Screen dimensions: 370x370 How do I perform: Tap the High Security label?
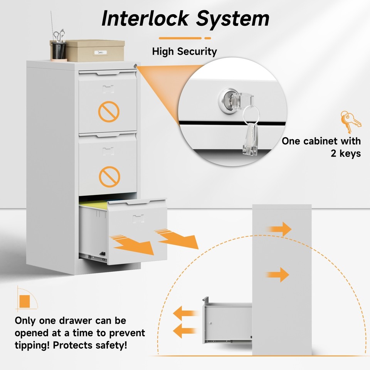(184, 51)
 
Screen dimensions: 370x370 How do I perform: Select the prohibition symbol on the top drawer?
(109, 112)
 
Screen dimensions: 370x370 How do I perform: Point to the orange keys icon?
(350, 121)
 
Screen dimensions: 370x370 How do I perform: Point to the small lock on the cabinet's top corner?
(135, 66)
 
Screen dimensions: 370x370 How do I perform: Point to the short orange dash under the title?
(208, 38)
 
